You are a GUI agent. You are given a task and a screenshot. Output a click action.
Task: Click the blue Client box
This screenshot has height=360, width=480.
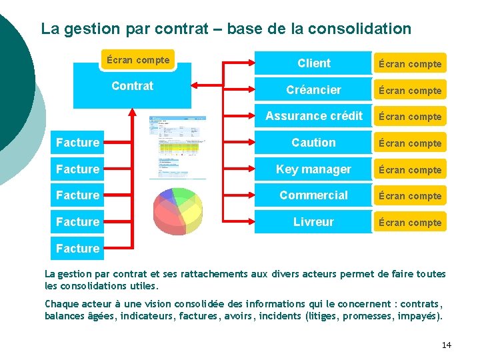point(313,63)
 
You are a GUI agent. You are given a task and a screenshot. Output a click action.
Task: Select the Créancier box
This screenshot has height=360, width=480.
point(313,90)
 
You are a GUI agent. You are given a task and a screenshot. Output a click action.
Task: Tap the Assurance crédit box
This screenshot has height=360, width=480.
point(313,116)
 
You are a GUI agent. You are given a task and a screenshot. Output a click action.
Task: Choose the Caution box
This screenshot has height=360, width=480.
point(313,143)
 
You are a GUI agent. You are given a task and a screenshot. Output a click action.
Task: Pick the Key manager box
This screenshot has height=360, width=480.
point(313,169)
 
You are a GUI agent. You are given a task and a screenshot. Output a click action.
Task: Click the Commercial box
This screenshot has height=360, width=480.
point(313,195)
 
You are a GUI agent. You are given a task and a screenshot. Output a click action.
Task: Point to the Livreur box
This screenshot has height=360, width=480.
point(313,222)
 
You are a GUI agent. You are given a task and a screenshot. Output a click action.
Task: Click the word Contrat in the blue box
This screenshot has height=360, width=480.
point(132,86)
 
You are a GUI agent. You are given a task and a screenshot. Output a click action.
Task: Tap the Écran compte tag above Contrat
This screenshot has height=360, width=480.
point(137,60)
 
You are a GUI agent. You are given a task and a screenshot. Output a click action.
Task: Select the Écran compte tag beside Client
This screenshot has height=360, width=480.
point(410,64)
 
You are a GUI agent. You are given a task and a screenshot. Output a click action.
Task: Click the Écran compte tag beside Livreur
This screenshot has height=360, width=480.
point(410,223)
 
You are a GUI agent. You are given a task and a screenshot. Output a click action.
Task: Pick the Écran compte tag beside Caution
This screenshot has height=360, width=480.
point(410,143)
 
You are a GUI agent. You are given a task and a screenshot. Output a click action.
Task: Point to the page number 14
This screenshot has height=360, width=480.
point(446,345)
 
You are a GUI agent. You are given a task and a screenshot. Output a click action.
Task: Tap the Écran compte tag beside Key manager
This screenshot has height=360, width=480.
point(410,170)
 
